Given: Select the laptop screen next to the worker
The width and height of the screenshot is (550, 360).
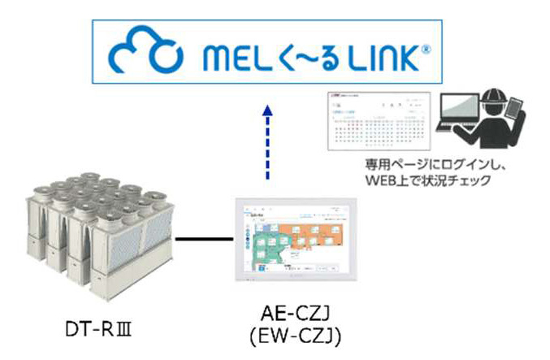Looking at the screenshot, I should click(460, 114).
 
